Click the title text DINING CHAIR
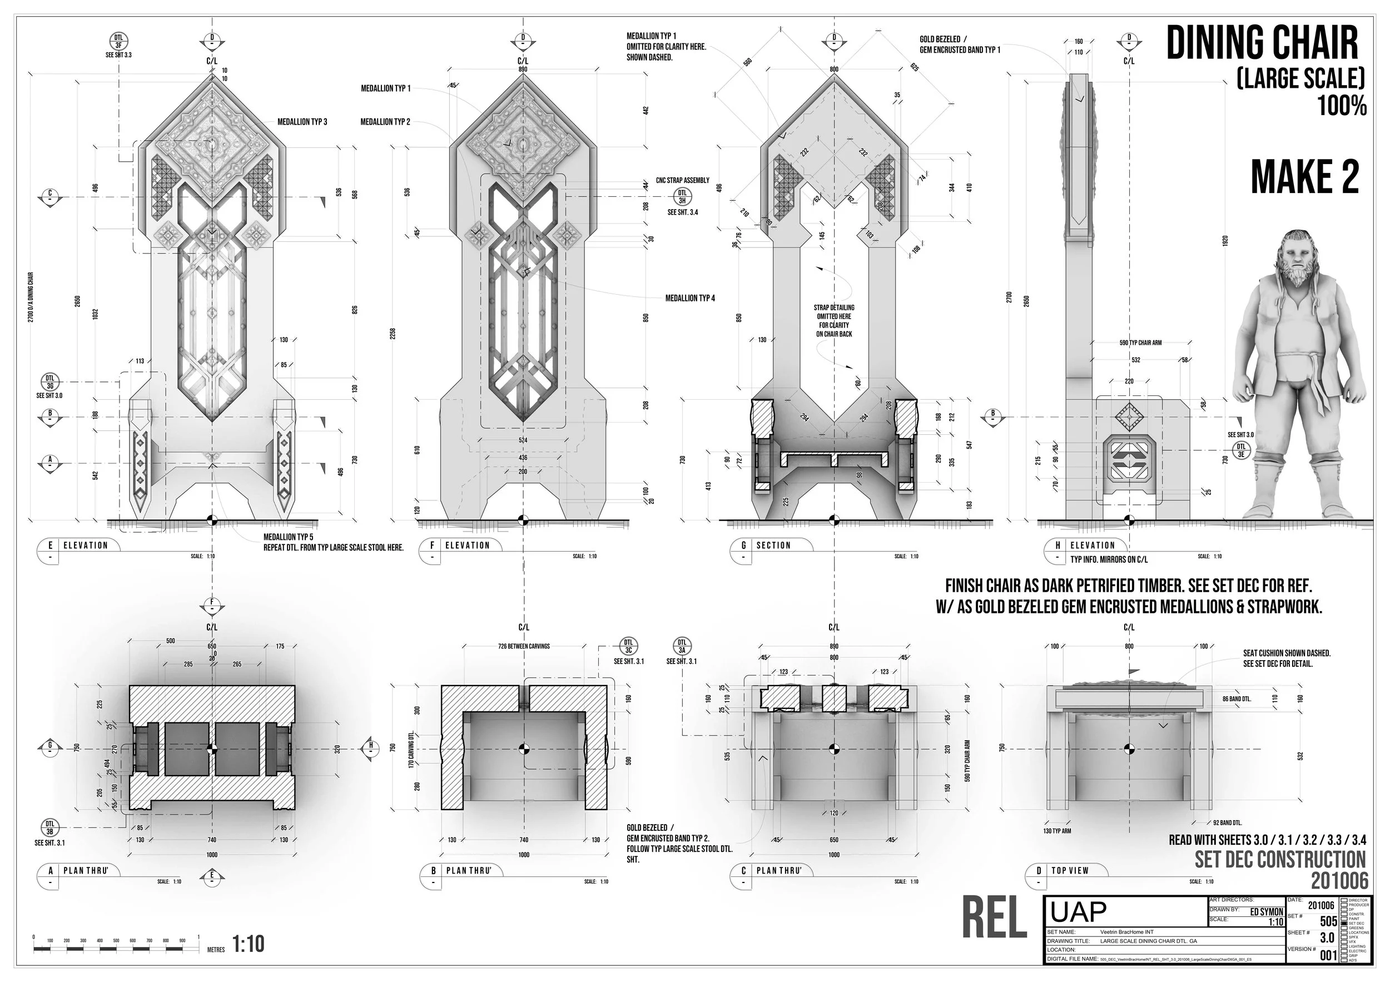tap(1263, 43)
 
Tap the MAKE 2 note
tap(1304, 178)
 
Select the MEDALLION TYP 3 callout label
tap(302, 122)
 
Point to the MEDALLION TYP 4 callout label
tap(690, 299)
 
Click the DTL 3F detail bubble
tap(118, 41)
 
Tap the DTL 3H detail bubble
tap(682, 197)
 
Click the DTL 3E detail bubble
tap(1241, 450)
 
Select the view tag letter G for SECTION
tap(743, 545)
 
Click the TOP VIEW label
tap(1070, 871)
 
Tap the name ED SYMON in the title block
tap(1267, 912)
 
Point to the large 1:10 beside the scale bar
tap(248, 944)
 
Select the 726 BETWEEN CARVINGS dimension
tap(524, 647)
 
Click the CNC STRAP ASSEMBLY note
tap(682, 180)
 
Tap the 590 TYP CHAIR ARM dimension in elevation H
tap(1140, 343)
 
